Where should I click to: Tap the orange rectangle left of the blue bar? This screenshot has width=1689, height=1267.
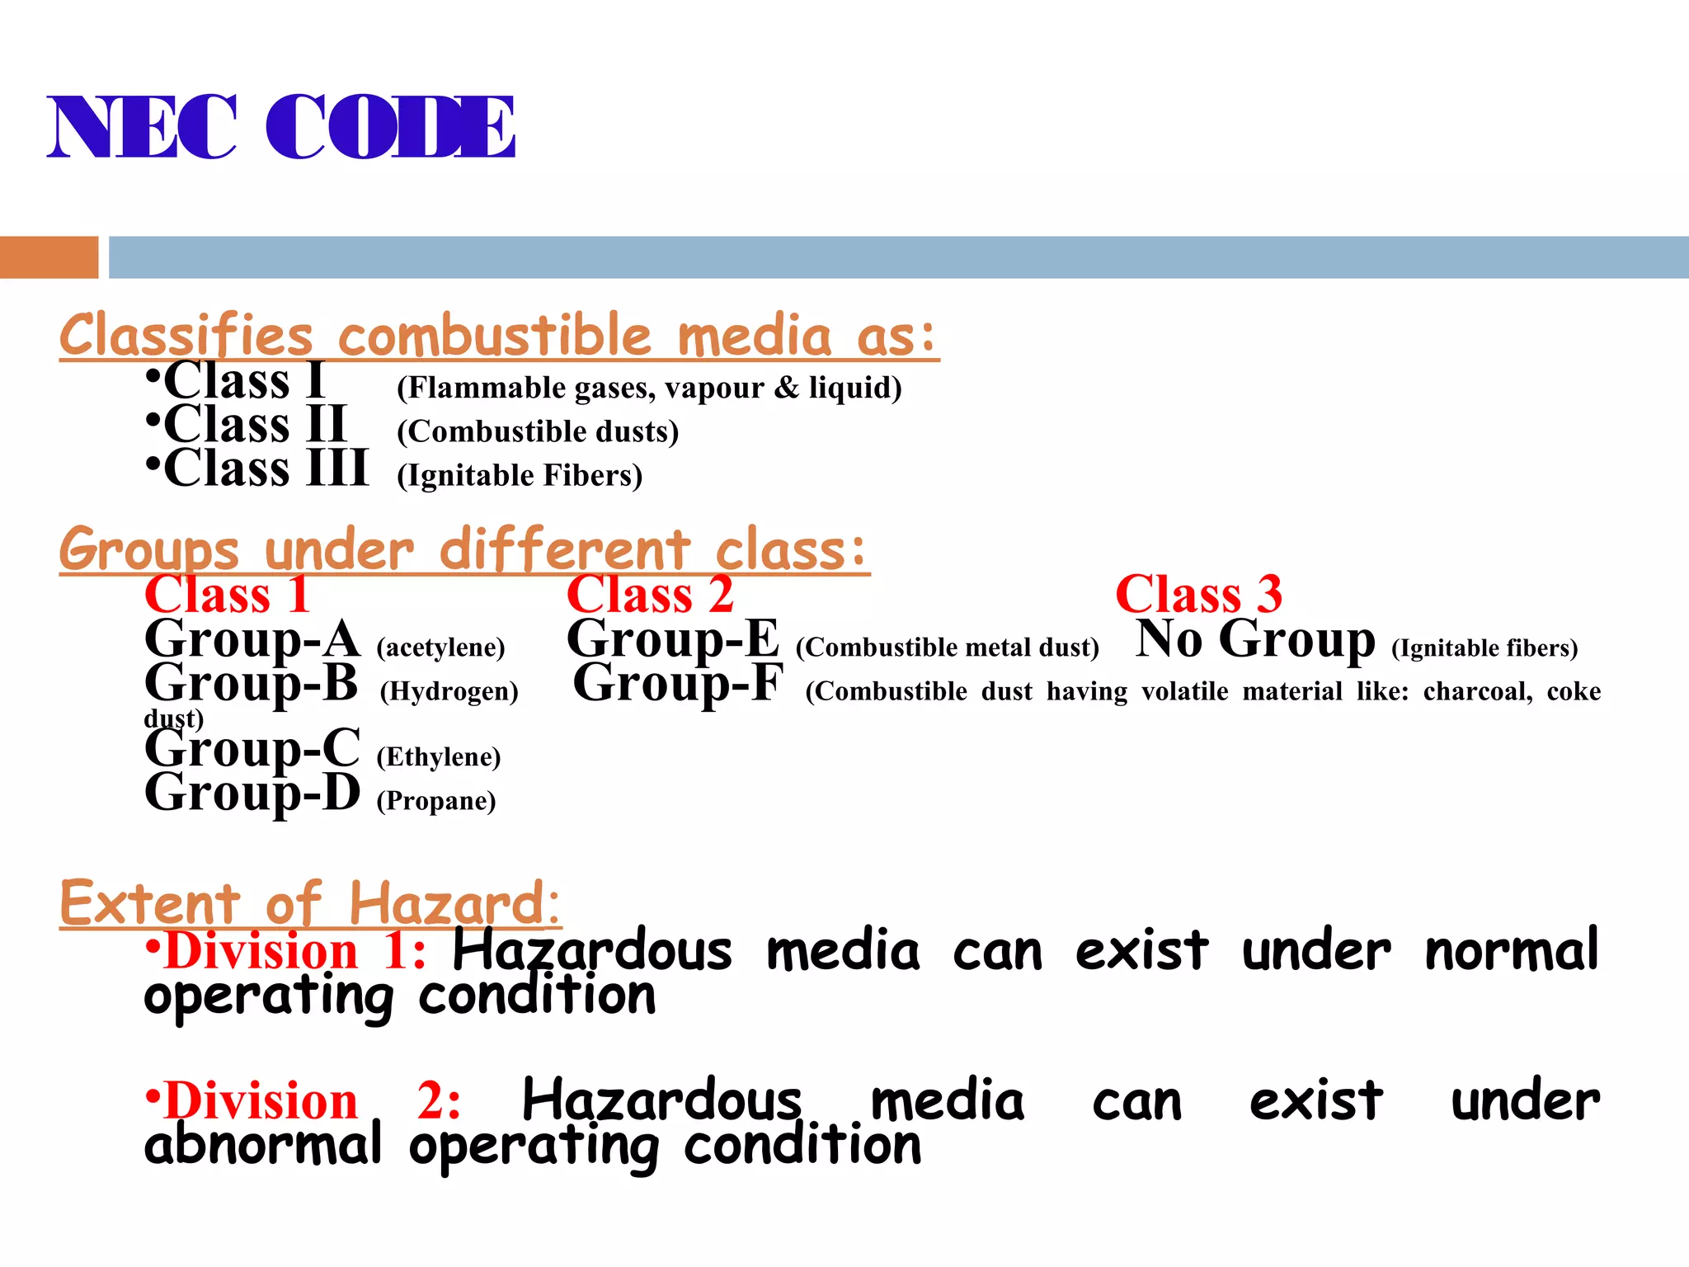[x=49, y=257]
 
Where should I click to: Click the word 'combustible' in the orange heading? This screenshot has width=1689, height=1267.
[x=494, y=337]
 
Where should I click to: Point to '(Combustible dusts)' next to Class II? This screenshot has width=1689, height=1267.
[x=538, y=431]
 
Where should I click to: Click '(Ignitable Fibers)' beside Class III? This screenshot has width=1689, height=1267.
[x=520, y=475]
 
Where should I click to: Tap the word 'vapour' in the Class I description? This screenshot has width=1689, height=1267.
[x=714, y=388]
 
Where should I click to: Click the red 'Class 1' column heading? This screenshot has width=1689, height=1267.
[x=228, y=594]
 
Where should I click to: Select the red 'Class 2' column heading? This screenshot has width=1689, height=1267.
[x=650, y=594]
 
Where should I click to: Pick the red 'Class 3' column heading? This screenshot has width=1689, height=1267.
[x=1198, y=594]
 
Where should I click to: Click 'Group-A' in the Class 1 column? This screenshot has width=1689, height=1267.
[x=252, y=639]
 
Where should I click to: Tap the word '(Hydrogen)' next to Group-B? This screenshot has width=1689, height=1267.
[x=449, y=690]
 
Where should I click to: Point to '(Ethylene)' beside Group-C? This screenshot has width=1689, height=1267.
[x=439, y=756]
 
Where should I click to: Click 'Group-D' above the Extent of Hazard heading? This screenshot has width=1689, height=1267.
[x=252, y=794]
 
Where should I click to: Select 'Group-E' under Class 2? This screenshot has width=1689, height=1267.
[x=673, y=639]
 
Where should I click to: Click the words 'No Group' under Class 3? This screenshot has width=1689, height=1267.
[x=1255, y=639]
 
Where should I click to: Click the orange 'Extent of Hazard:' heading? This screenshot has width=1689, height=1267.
[x=310, y=903]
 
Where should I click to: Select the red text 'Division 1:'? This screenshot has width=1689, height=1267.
[x=295, y=951]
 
